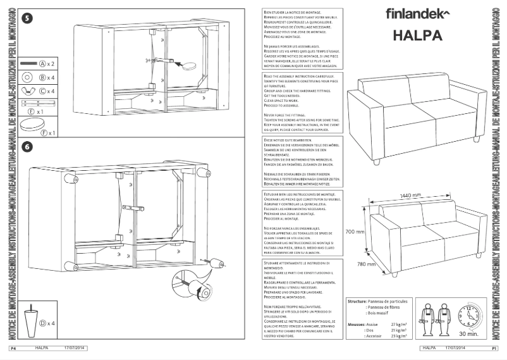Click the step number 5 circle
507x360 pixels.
click(x=27, y=18)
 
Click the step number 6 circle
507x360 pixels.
click(x=27, y=147)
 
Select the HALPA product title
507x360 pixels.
click(x=417, y=35)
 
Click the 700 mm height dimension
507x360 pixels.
click(x=355, y=232)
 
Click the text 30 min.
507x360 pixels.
click(x=468, y=333)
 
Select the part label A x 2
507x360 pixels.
click(x=48, y=64)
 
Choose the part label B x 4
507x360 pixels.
click(x=48, y=77)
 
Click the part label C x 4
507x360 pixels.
click(x=48, y=91)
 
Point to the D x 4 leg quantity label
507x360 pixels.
click(x=47, y=323)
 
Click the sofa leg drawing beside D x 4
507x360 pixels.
click(x=30, y=321)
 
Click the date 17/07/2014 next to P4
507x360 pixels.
click(x=75, y=348)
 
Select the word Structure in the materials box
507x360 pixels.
click(x=361, y=302)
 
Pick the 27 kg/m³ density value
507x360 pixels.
click(x=399, y=323)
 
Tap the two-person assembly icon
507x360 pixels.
click(x=436, y=318)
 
